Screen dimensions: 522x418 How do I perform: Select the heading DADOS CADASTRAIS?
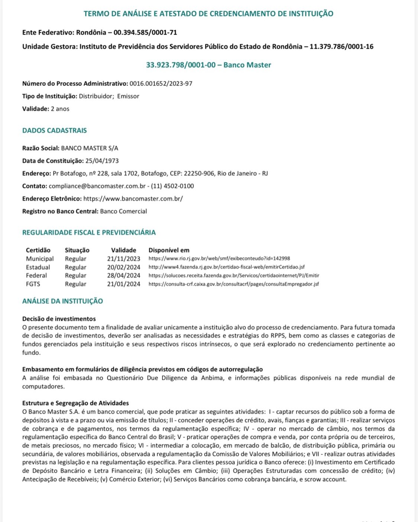(55, 130)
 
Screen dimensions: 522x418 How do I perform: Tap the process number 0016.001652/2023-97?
(161, 83)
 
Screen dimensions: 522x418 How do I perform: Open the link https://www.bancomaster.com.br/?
(133, 199)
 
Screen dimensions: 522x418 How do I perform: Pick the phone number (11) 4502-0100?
(172, 186)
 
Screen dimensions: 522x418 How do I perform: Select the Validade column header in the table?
(123, 250)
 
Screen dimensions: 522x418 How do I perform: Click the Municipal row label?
(40, 259)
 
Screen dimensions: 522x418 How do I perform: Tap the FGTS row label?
(33, 284)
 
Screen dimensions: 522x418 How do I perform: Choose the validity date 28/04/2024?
(124, 275)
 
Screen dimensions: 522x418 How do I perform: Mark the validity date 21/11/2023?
(124, 259)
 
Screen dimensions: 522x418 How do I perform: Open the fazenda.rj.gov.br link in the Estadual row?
(227, 267)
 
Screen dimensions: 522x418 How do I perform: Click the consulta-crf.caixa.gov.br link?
(233, 284)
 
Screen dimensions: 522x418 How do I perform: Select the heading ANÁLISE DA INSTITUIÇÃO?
(62, 301)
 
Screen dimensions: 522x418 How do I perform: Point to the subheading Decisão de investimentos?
(59, 319)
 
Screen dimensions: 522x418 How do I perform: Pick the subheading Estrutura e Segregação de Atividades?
(75, 403)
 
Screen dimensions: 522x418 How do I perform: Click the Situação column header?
(77, 250)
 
